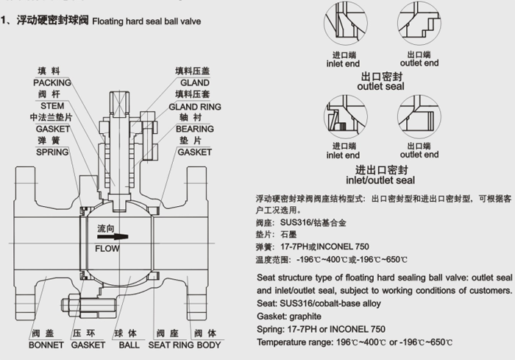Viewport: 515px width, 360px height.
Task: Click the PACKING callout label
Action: pos(51,83)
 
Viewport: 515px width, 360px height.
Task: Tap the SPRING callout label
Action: pos(52,152)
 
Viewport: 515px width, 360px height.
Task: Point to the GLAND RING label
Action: pos(194,106)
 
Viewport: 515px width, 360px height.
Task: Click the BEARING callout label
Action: pos(194,129)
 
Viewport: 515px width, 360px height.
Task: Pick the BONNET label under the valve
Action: pos(46,345)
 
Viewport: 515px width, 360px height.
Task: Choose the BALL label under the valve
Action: pos(129,345)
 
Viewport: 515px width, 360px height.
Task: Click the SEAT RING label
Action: pos(171,345)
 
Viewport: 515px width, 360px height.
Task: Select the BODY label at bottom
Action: pos(209,345)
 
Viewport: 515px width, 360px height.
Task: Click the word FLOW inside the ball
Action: pos(107,249)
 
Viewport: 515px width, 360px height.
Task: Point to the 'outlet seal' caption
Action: pos(380,86)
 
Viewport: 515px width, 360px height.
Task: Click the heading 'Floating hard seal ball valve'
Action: pos(146,21)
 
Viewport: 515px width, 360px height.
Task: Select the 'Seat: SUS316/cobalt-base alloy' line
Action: pos(319,303)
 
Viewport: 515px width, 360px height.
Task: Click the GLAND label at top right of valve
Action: pos(194,83)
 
